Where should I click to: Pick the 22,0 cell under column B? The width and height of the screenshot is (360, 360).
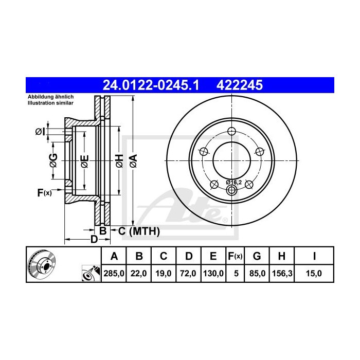(x=139, y=274)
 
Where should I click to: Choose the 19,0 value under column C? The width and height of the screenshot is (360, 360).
(x=163, y=274)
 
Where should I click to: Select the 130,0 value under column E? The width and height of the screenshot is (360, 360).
(x=213, y=274)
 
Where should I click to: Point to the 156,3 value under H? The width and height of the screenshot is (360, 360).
(x=281, y=274)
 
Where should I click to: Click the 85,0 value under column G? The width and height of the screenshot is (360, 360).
(x=257, y=274)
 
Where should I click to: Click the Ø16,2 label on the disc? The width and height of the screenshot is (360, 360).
(x=233, y=182)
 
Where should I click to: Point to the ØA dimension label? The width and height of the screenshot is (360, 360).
(x=133, y=160)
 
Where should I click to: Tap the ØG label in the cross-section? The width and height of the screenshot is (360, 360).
(x=53, y=160)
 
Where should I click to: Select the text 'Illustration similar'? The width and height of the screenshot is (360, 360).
(x=51, y=103)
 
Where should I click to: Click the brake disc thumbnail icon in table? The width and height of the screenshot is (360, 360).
(x=42, y=263)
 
